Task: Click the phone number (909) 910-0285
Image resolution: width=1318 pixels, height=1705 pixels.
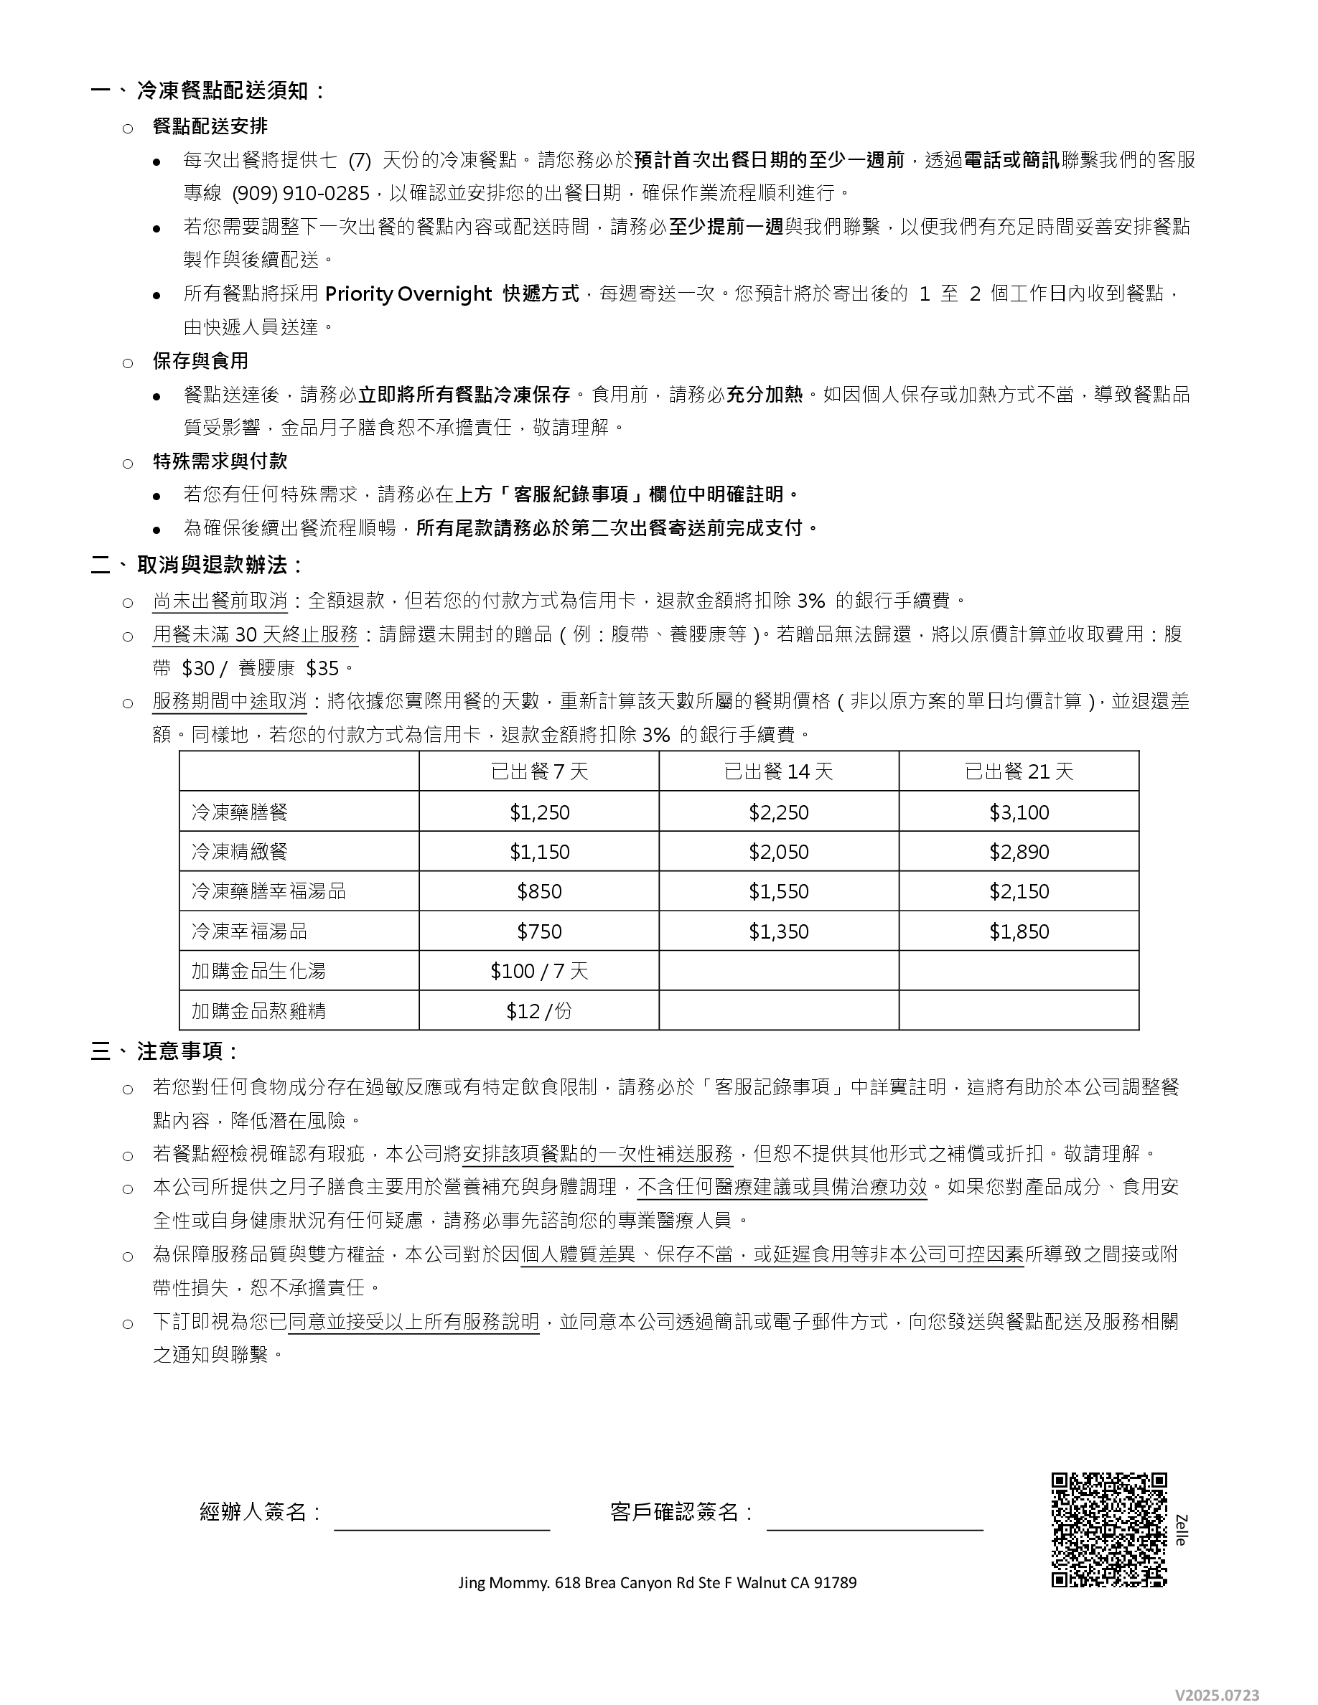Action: click(x=301, y=193)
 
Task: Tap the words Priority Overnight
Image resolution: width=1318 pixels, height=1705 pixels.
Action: click(x=408, y=293)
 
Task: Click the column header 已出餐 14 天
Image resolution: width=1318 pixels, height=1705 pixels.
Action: click(x=778, y=771)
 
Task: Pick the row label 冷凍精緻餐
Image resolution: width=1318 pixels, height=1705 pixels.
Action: click(x=240, y=851)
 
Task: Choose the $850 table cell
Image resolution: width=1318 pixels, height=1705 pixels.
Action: click(x=538, y=891)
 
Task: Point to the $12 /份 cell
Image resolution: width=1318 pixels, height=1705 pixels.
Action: click(x=538, y=1011)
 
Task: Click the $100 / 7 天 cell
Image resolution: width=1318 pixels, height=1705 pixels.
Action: click(x=538, y=971)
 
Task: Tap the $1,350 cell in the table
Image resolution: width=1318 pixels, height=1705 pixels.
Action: click(x=778, y=931)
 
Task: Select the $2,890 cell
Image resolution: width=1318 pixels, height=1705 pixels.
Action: click(x=1019, y=852)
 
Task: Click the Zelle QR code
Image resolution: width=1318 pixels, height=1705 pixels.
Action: click(x=1109, y=1529)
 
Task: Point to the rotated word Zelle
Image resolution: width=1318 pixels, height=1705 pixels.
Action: click(x=1181, y=1529)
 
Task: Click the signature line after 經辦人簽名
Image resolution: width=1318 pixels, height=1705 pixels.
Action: click(x=442, y=1528)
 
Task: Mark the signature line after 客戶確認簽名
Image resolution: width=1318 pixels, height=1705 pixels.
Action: click(x=874, y=1528)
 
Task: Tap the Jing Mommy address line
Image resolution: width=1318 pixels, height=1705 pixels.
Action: click(x=658, y=1582)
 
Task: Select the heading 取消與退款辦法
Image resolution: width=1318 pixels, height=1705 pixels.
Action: click(x=220, y=565)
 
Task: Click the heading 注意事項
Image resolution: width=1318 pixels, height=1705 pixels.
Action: click(x=187, y=1051)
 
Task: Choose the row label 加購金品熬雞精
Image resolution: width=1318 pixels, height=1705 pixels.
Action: click(x=258, y=1011)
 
